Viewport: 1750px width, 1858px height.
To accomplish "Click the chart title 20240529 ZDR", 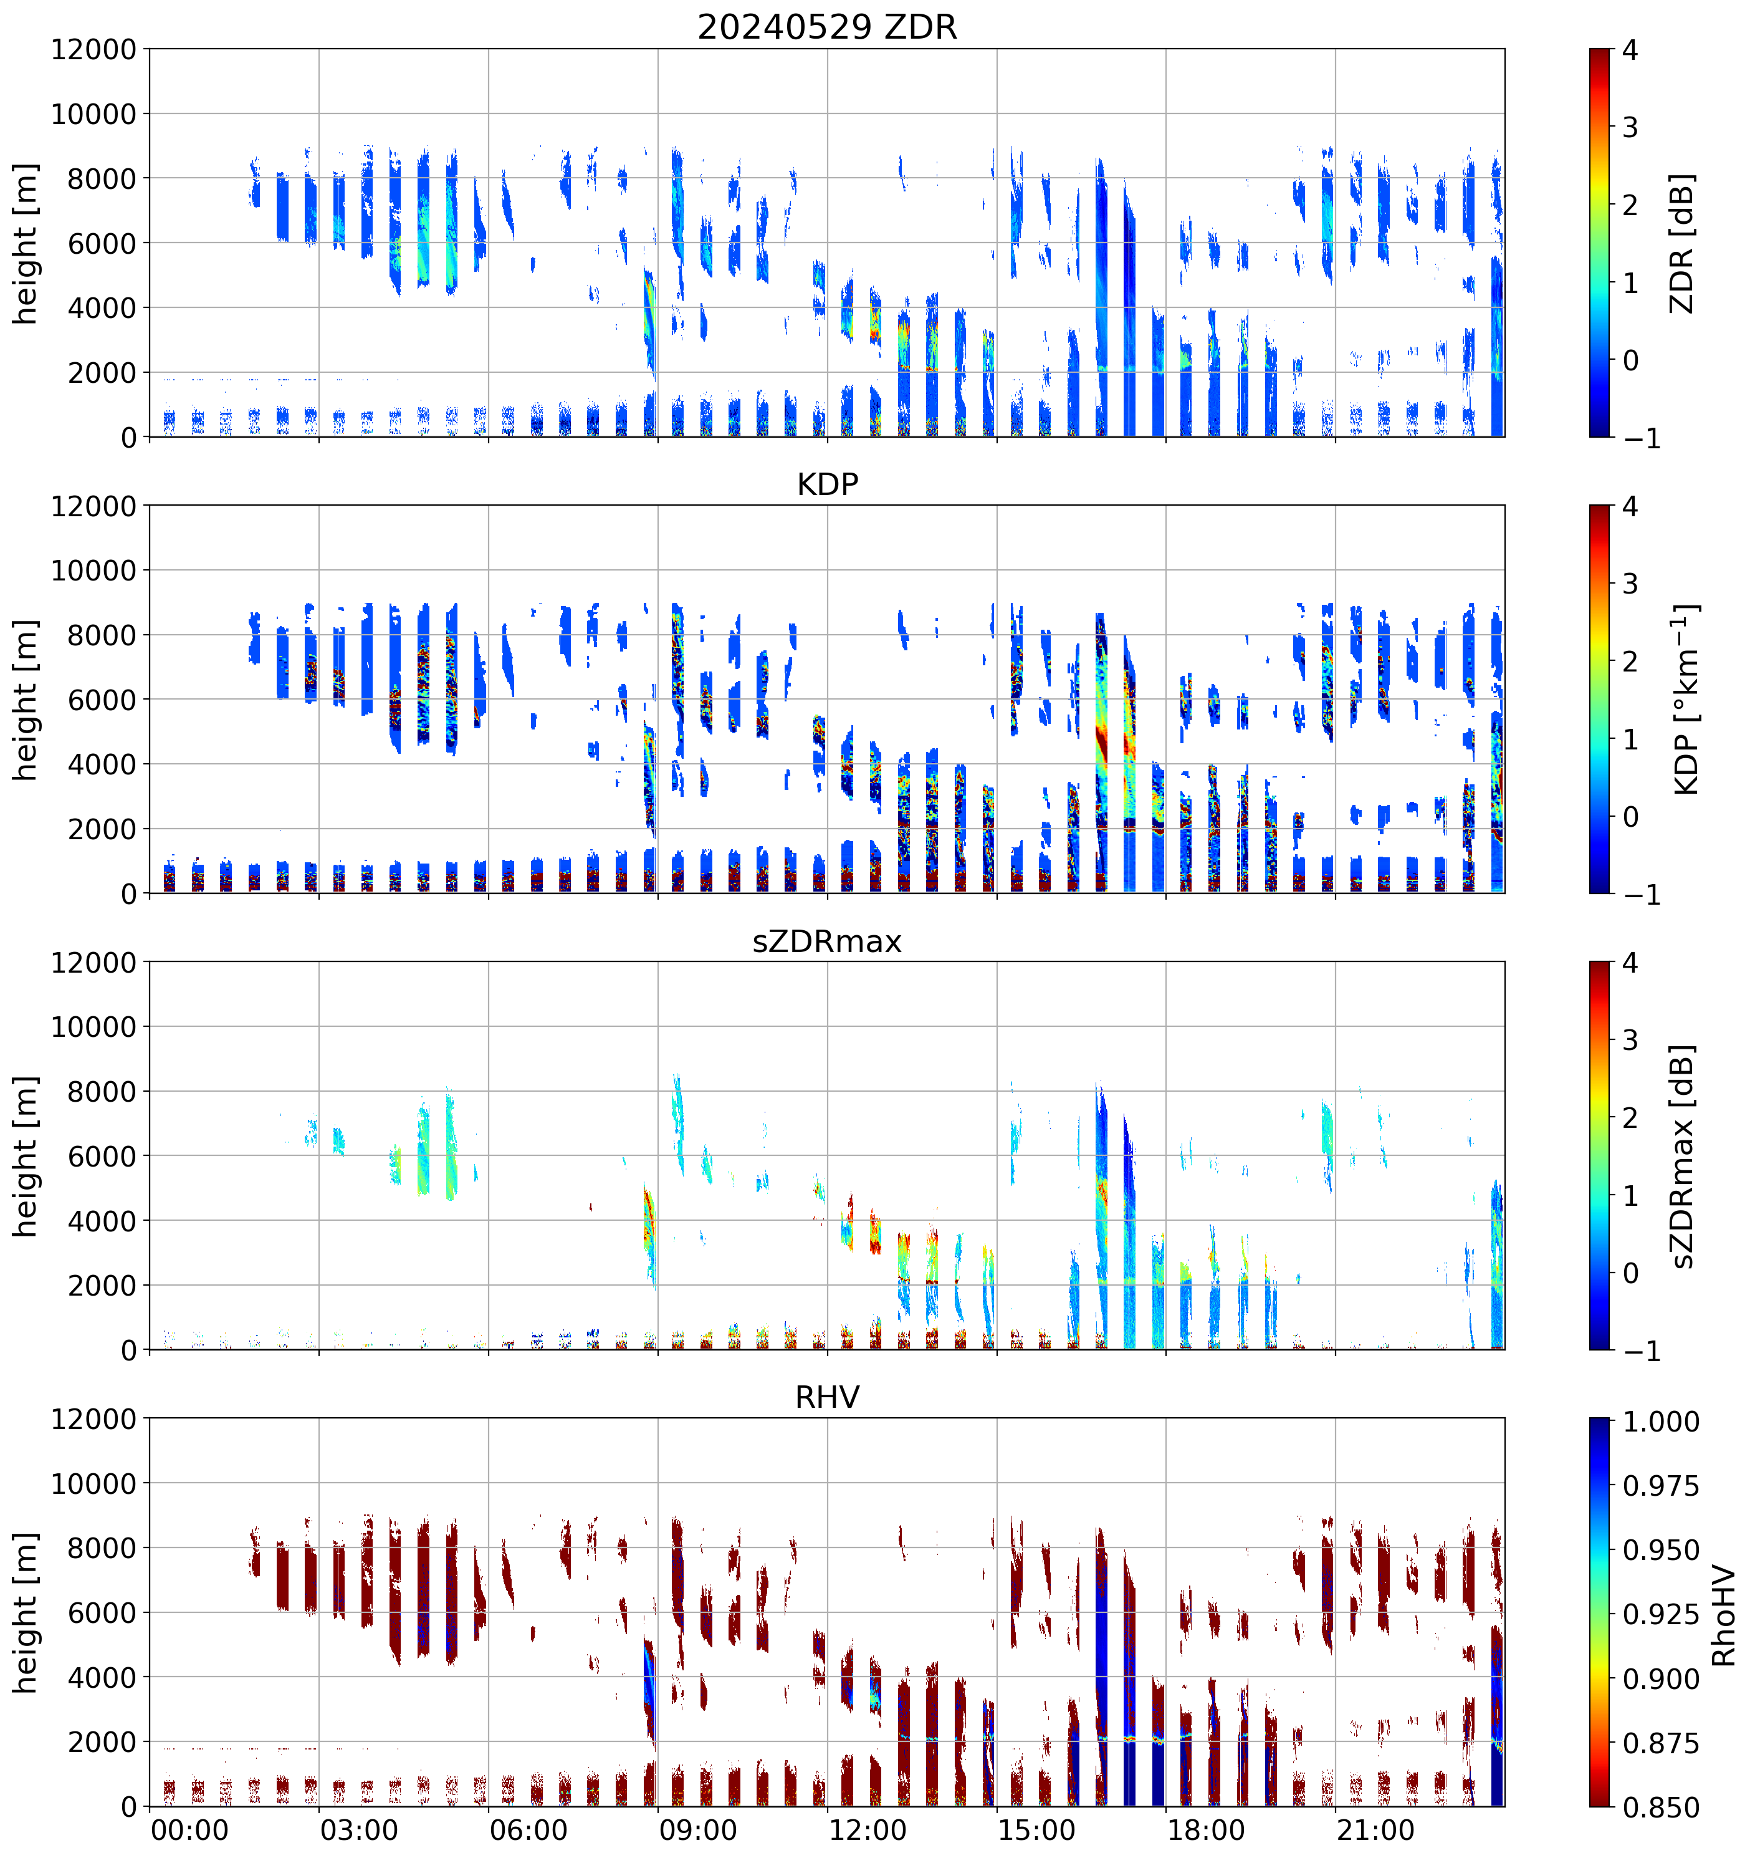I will (827, 27).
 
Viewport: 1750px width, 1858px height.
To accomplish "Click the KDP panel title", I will (827, 484).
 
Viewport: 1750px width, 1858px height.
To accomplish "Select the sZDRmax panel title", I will (827, 940).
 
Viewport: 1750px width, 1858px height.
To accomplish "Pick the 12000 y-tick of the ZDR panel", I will (93, 49).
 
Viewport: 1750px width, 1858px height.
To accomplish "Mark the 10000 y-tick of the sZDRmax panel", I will (93, 1027).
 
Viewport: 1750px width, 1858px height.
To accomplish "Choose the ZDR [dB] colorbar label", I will (1683, 243).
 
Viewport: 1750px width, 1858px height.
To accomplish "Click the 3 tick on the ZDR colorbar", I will (1630, 127).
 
